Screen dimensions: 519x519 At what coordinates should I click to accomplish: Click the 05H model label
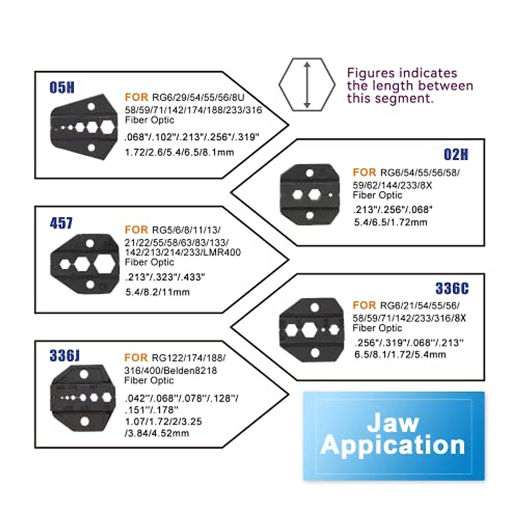[x=62, y=87]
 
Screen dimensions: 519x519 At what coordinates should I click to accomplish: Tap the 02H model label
[x=456, y=154]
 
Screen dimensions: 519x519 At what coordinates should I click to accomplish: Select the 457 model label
[x=61, y=223]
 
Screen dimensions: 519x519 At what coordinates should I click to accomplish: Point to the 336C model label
[x=452, y=288]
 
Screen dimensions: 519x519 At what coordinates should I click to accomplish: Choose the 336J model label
[x=64, y=356]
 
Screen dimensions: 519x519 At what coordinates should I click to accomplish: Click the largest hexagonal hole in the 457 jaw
[x=105, y=264]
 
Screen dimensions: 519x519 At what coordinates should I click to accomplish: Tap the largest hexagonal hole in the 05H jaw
[x=107, y=127]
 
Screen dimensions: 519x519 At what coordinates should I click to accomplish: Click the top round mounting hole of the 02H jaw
[x=310, y=173]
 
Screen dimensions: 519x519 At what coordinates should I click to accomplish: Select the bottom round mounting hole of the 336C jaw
[x=315, y=353]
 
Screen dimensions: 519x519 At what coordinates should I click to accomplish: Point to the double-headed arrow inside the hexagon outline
[x=307, y=85]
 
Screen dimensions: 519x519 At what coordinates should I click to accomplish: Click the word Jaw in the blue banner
[x=393, y=423]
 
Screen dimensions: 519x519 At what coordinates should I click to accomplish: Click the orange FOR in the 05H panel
[x=137, y=97]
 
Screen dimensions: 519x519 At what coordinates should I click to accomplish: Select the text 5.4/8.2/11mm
[x=157, y=292]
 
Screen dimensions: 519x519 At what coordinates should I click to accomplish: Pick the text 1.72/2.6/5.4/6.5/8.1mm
[x=179, y=152]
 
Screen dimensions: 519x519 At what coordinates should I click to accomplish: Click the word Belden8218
[x=190, y=371]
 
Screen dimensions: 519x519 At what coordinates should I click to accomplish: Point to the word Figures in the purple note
[x=372, y=73]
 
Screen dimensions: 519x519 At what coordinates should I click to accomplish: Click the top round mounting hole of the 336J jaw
[x=84, y=375]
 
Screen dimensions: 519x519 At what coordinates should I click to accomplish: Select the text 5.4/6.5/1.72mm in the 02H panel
[x=391, y=222]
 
